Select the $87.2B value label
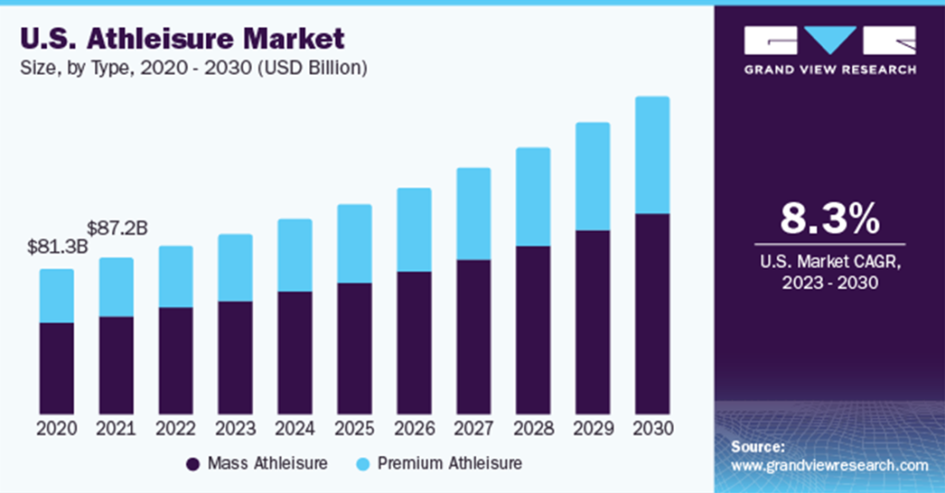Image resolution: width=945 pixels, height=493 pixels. coord(115,228)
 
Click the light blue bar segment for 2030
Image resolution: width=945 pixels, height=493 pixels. coord(652,155)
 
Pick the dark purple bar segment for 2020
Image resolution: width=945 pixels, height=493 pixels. coord(56,367)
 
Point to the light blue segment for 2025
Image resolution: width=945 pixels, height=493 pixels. coord(354,244)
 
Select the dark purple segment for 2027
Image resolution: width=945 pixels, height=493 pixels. coord(473,336)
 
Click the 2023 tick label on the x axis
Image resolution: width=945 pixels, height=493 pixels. coord(234,428)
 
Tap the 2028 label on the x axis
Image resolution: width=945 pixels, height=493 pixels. coord(532,428)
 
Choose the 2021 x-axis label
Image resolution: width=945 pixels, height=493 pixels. coord(115,428)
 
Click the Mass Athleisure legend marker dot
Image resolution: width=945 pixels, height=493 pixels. coord(193,463)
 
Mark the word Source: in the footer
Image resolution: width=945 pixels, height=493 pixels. coord(758,447)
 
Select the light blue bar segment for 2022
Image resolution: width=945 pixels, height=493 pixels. coord(175,277)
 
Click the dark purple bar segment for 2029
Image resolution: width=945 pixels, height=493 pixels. coord(592,321)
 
